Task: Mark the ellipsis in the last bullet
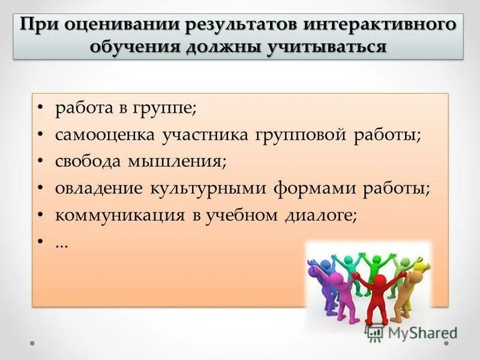tap(61, 243)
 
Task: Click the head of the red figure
tap(378, 282)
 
